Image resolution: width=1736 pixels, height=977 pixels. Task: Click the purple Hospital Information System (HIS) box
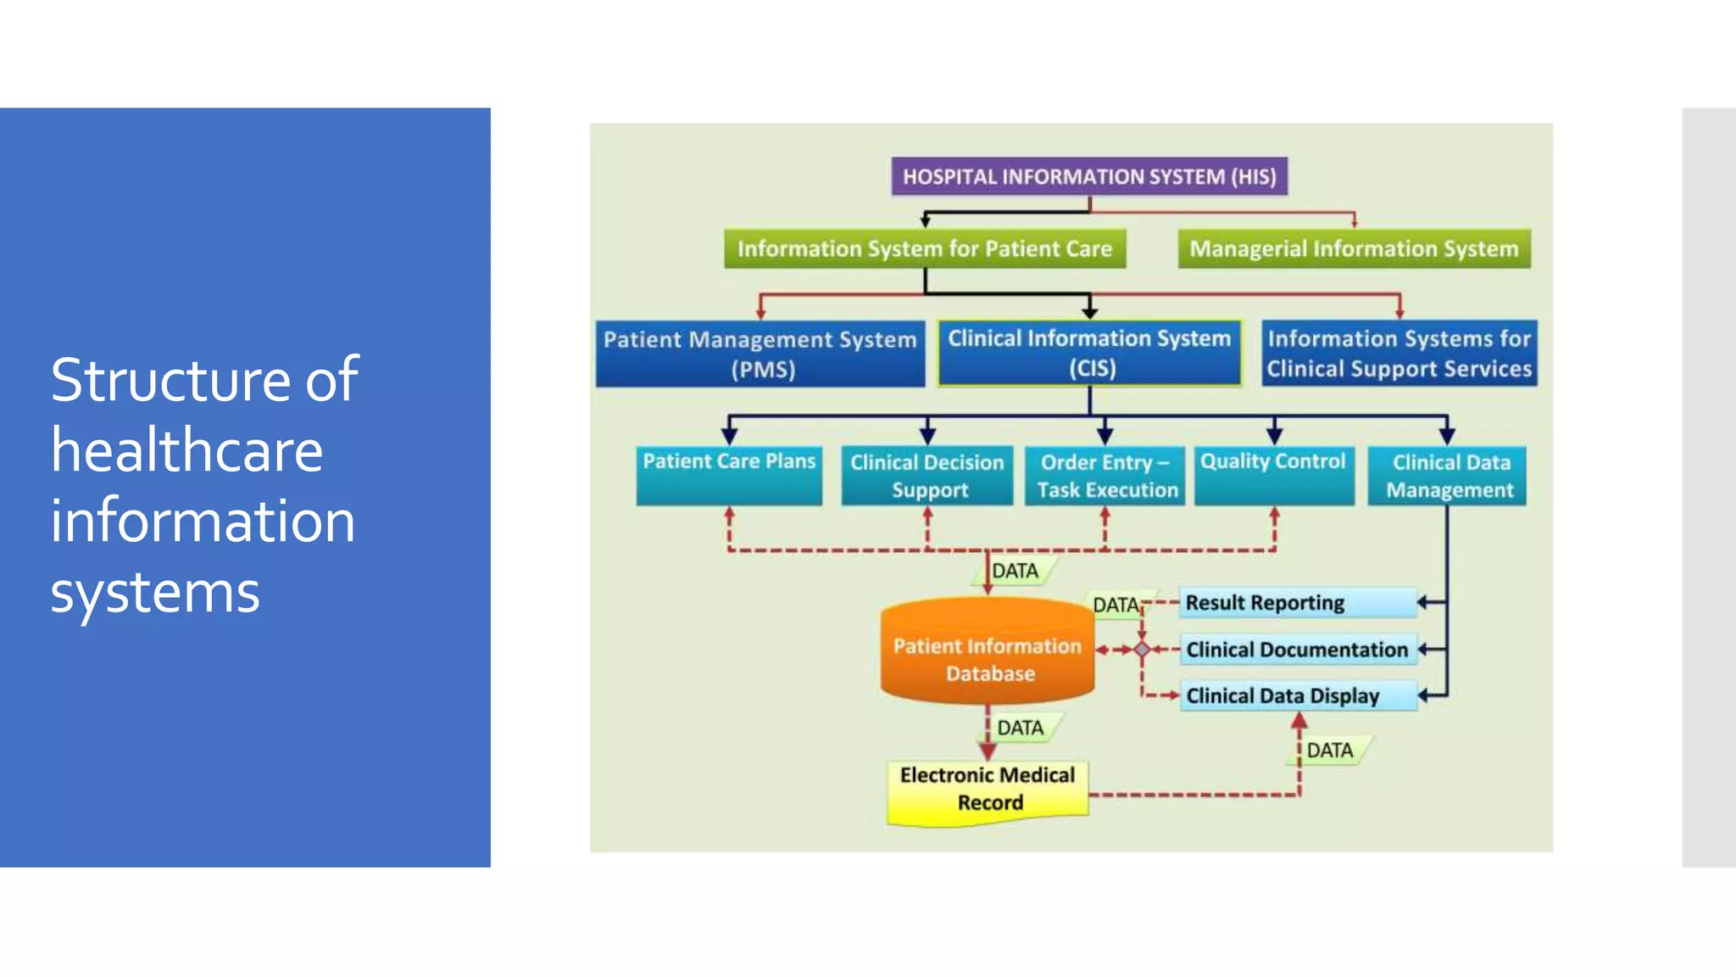point(1089,176)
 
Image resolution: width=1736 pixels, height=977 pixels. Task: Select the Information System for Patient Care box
point(924,248)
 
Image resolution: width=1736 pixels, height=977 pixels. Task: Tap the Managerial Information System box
point(1354,248)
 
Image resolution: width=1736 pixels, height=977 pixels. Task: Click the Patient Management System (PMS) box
point(760,354)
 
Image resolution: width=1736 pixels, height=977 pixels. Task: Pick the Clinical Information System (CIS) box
point(1089,353)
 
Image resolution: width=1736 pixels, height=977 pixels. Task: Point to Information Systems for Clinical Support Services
point(1399,353)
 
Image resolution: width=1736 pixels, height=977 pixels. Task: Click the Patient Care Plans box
point(729,475)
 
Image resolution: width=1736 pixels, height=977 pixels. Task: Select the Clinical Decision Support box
point(927,476)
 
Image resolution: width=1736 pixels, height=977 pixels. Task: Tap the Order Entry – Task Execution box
point(1105,476)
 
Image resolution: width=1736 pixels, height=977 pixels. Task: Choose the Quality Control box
point(1273,475)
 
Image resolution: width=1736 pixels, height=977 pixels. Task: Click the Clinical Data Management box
point(1448,476)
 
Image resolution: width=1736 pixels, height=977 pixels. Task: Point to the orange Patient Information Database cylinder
point(988,657)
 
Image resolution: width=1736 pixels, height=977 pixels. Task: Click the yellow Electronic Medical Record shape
point(988,790)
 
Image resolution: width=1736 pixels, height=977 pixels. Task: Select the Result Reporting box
point(1297,603)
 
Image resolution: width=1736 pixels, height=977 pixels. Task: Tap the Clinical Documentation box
point(1297,650)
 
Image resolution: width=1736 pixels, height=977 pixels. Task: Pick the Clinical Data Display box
point(1297,696)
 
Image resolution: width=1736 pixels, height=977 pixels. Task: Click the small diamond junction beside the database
point(1142,650)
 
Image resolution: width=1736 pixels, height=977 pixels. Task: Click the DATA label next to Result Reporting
point(1116,605)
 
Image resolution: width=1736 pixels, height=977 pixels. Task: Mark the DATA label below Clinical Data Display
point(1330,751)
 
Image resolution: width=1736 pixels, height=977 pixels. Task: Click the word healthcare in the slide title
point(186,450)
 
